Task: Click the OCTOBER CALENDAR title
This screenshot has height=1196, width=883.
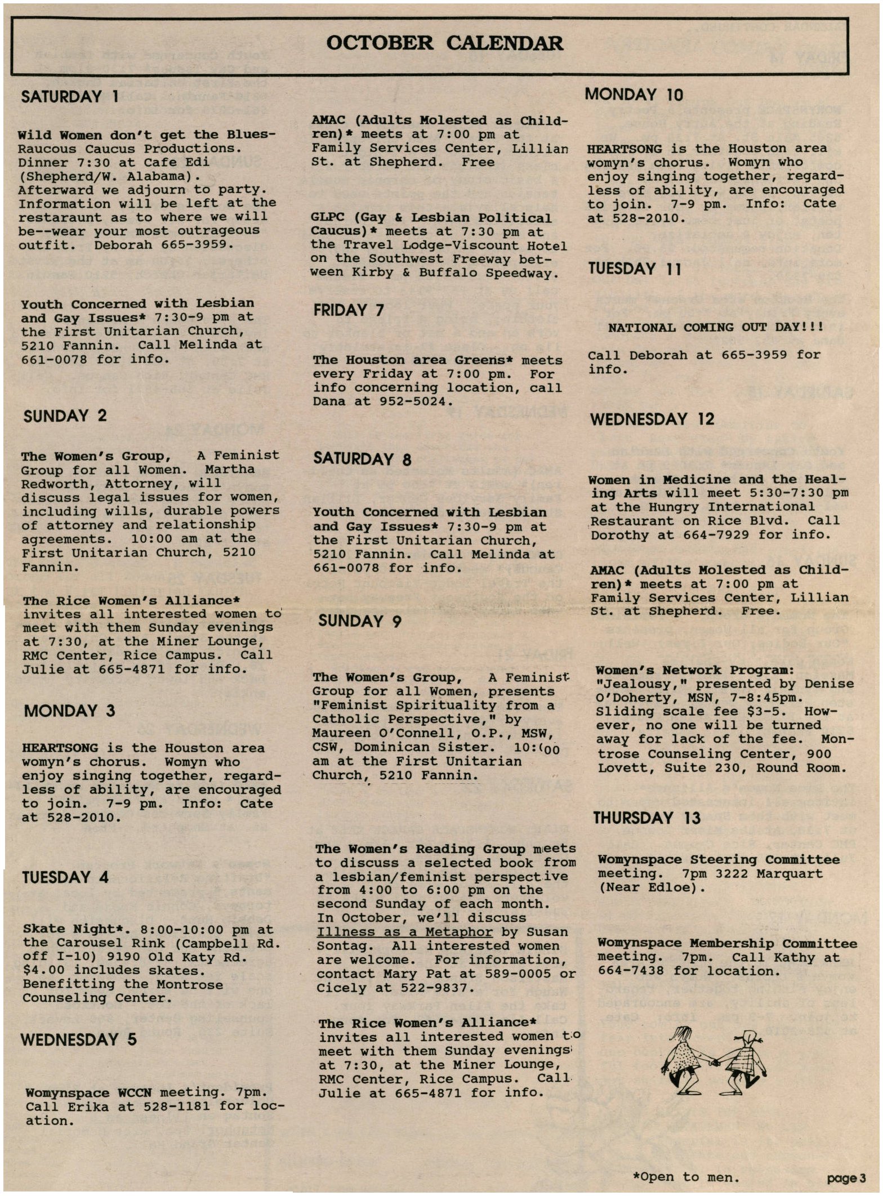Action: pyautogui.click(x=444, y=43)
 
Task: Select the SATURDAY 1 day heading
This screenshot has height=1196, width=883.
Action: pyautogui.click(x=69, y=96)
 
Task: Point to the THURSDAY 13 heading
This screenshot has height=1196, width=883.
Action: pyautogui.click(x=646, y=818)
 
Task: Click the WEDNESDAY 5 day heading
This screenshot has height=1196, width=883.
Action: pyautogui.click(x=79, y=1039)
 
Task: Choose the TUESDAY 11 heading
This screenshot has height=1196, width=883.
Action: pyautogui.click(x=635, y=269)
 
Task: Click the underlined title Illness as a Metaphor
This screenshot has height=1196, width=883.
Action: pyautogui.click(x=404, y=932)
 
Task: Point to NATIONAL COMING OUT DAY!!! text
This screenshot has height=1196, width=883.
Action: pyautogui.click(x=715, y=327)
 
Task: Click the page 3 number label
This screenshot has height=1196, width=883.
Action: pyautogui.click(x=846, y=1177)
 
